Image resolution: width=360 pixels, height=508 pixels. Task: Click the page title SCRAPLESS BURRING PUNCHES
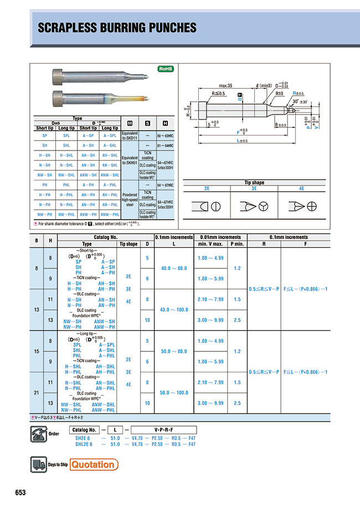pyautogui.click(x=116, y=27)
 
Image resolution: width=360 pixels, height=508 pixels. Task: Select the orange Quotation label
pyautogui.click(x=94, y=464)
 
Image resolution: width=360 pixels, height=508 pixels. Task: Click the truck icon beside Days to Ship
pyautogui.click(x=37, y=464)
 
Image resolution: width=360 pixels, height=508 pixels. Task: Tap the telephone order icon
pyautogui.click(x=37, y=432)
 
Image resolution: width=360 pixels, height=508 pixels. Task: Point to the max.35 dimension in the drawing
pyautogui.click(x=225, y=86)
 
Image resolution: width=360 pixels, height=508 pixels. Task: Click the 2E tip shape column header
pyautogui.click(x=208, y=188)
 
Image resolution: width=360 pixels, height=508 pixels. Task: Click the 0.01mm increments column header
pyautogui.click(x=218, y=237)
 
